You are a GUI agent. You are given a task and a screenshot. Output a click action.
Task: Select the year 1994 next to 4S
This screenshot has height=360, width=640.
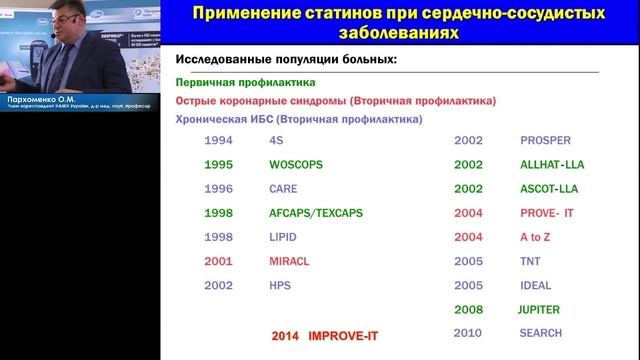(x=218, y=140)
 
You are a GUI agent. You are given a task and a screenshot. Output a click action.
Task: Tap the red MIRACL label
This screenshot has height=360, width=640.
(x=289, y=261)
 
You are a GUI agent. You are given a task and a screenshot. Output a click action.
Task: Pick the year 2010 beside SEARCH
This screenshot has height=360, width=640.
(x=468, y=333)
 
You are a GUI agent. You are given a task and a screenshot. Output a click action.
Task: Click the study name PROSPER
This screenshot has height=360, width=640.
(x=546, y=140)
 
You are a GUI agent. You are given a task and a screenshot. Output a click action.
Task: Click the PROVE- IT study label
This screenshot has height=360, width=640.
(x=546, y=213)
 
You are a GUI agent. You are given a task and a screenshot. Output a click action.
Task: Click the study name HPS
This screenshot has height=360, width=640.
(x=281, y=285)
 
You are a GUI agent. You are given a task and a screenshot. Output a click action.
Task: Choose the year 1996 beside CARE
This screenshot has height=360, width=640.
(x=218, y=188)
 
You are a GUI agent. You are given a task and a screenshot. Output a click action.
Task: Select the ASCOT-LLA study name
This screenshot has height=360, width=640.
(x=549, y=188)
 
